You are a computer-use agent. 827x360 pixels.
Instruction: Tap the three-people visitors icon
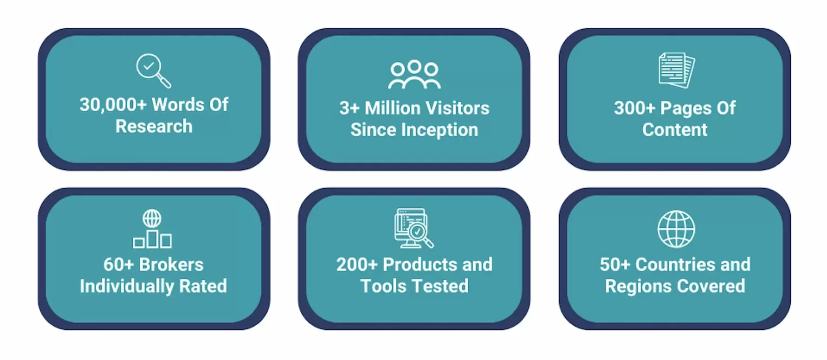point(414,74)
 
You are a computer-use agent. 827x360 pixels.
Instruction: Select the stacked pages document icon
point(677,70)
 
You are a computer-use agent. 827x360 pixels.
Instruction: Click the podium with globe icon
point(152,229)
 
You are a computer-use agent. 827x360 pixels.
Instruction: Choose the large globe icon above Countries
point(676,229)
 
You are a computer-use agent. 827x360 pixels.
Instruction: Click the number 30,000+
point(113,105)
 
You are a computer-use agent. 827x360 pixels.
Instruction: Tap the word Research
point(154,126)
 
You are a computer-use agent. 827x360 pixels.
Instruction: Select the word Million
point(393,108)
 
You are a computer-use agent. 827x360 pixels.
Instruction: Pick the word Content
point(675,130)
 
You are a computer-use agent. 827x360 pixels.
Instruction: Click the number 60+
point(118,264)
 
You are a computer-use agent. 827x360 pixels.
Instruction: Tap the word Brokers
point(171,264)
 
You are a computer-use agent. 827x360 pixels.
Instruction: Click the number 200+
point(357,264)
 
